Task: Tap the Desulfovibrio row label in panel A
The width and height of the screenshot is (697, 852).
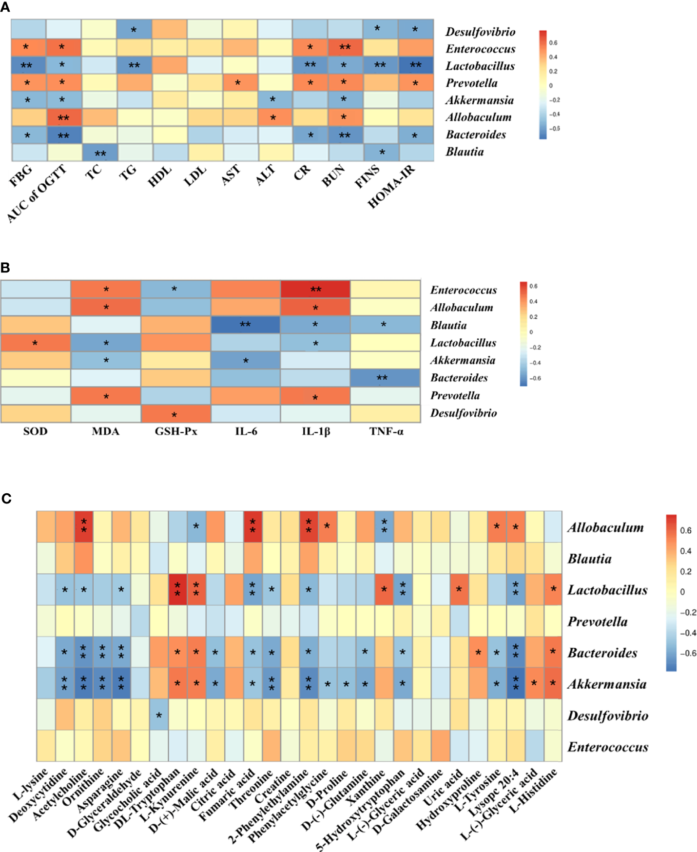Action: (x=480, y=32)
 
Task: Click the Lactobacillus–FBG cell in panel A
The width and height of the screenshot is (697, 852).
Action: (x=29, y=65)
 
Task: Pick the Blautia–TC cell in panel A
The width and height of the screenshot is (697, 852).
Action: (x=99, y=153)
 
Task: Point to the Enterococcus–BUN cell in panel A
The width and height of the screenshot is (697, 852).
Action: (x=345, y=48)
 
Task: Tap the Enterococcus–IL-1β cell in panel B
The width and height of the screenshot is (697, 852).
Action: (x=315, y=290)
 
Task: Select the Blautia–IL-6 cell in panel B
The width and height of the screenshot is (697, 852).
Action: (x=245, y=325)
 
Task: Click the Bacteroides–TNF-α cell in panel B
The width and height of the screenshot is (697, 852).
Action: (x=385, y=378)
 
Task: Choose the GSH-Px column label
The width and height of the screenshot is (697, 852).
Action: (x=175, y=431)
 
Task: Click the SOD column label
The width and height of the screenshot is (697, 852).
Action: (x=36, y=431)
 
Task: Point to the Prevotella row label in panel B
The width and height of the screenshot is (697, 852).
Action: (x=455, y=396)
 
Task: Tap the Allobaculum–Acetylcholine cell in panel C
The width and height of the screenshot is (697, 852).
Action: (x=84, y=527)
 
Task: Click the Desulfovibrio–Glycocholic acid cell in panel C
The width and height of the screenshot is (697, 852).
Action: (x=159, y=715)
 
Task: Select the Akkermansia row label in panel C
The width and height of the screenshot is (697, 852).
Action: (x=607, y=684)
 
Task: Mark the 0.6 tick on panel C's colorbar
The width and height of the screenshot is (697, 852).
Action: (x=685, y=530)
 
